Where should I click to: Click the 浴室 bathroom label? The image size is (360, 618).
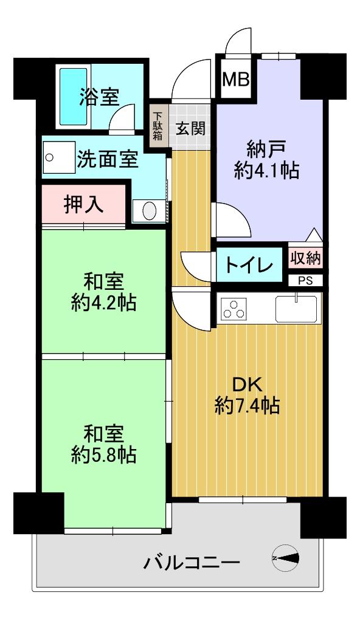pyautogui.click(x=99, y=97)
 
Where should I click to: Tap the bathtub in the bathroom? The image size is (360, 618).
pyautogui.click(x=74, y=97)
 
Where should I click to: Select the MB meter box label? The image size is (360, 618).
pyautogui.click(x=236, y=80)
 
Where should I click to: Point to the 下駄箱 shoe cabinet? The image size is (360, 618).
pyautogui.click(x=157, y=126)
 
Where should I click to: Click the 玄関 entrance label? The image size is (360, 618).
pyautogui.click(x=190, y=128)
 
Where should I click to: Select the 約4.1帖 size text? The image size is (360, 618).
pyautogui.click(x=266, y=171)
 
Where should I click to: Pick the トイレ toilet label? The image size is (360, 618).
pyautogui.click(x=249, y=265)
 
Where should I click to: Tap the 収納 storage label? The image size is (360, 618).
pyautogui.click(x=306, y=258)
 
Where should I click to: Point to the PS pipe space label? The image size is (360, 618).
pyautogui.click(x=305, y=281)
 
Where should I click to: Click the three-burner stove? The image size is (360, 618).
pyautogui.click(x=234, y=308)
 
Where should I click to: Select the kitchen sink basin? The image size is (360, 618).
pyautogui.click(x=296, y=309)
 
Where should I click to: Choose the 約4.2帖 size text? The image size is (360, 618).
pyautogui.click(x=104, y=304)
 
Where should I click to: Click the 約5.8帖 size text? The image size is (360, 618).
pyautogui.click(x=104, y=455)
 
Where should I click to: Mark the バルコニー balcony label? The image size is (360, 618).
pyautogui.click(x=192, y=562)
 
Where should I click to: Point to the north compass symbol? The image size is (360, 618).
pyautogui.click(x=285, y=558)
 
